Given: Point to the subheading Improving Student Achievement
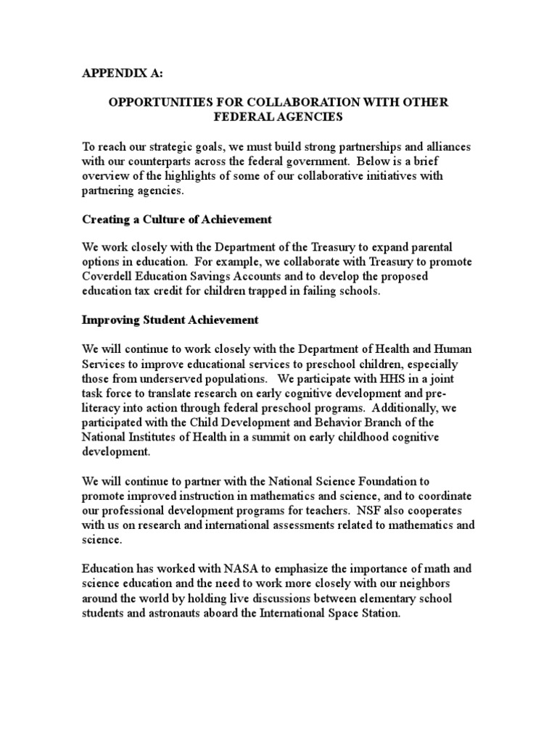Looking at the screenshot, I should [170, 320].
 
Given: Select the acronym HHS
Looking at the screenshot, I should [353, 378].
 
